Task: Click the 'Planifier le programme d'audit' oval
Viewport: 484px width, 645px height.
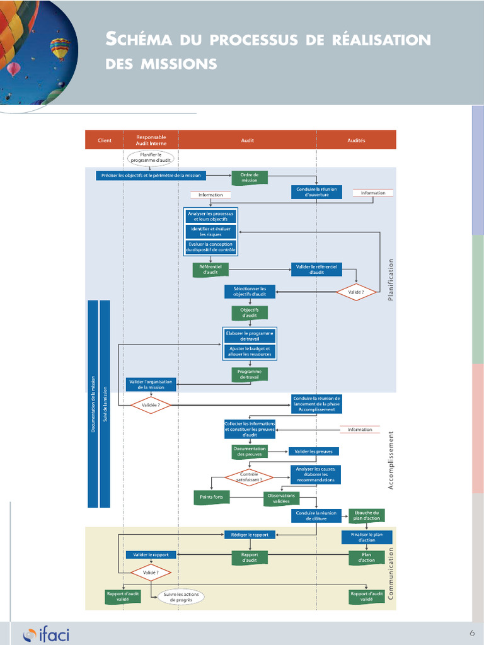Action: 151,157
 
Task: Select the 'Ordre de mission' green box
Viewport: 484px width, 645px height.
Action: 250,178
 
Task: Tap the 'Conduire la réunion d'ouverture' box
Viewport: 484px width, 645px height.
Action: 316,192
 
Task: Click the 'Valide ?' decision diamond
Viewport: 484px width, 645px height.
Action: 357,292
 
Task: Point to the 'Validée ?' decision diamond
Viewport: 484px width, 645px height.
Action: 151,406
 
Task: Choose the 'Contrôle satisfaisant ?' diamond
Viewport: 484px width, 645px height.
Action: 249,477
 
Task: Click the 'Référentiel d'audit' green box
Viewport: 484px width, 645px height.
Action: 210,270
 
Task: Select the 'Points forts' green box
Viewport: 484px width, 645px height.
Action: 211,498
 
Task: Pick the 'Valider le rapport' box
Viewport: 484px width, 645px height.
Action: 151,555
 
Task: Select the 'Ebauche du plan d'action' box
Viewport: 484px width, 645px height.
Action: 366,515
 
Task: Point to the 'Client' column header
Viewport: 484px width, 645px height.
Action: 105,140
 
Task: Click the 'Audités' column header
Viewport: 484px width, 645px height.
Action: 356,140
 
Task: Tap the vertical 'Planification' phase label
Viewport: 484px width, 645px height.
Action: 391,280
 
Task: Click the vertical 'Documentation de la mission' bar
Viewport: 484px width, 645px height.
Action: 93,403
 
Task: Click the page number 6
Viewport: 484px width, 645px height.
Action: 471,633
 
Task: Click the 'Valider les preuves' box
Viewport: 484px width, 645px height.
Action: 314,451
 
